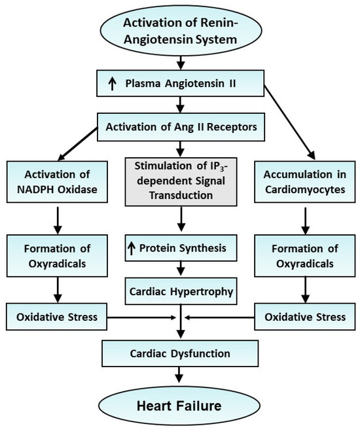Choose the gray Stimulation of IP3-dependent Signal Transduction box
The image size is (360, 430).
tap(180, 181)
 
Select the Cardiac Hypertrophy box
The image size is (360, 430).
tap(180, 289)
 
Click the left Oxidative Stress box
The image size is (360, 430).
tap(56, 317)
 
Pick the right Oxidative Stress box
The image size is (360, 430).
tap(303, 317)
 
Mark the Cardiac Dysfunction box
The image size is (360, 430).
tap(180, 353)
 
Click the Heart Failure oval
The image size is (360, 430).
tap(180, 404)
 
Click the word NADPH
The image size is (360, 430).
tap(37, 190)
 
